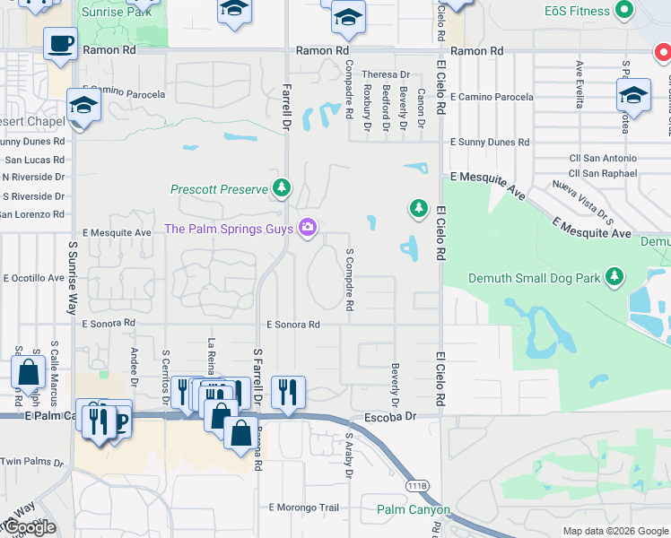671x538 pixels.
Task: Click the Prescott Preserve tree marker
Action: point(283,187)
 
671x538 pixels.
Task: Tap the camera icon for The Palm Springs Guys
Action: point(308,229)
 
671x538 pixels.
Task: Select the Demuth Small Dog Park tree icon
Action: point(614,277)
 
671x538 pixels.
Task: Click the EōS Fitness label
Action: point(576,12)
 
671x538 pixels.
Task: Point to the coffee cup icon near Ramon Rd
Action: point(60,44)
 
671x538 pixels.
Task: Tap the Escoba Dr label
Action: point(391,417)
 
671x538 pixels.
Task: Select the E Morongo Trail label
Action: point(304,508)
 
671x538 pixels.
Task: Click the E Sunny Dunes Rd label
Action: point(490,142)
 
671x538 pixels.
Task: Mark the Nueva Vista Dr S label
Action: point(582,203)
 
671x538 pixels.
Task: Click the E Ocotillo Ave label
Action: point(35,278)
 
